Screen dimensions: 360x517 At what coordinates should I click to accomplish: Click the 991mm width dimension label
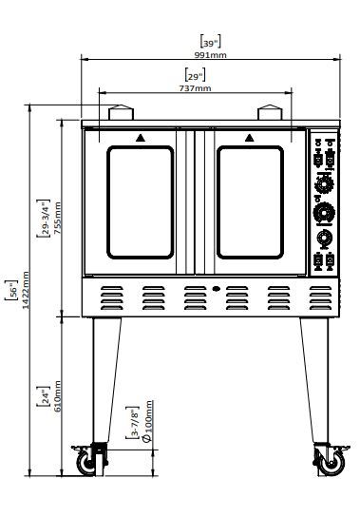coord(210,55)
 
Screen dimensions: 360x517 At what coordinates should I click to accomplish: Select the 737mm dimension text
coord(195,88)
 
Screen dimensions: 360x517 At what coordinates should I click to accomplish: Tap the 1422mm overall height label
coord(26,290)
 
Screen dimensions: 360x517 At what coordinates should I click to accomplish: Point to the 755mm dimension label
coord(57,218)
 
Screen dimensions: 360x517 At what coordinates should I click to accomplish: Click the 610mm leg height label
coord(57,396)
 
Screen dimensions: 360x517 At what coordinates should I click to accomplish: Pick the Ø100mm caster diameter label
coord(147,421)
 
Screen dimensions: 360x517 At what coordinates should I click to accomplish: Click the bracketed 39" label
coord(210,42)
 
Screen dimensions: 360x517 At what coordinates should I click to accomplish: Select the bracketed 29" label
coord(195,75)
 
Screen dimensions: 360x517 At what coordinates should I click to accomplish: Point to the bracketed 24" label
coord(44,396)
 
